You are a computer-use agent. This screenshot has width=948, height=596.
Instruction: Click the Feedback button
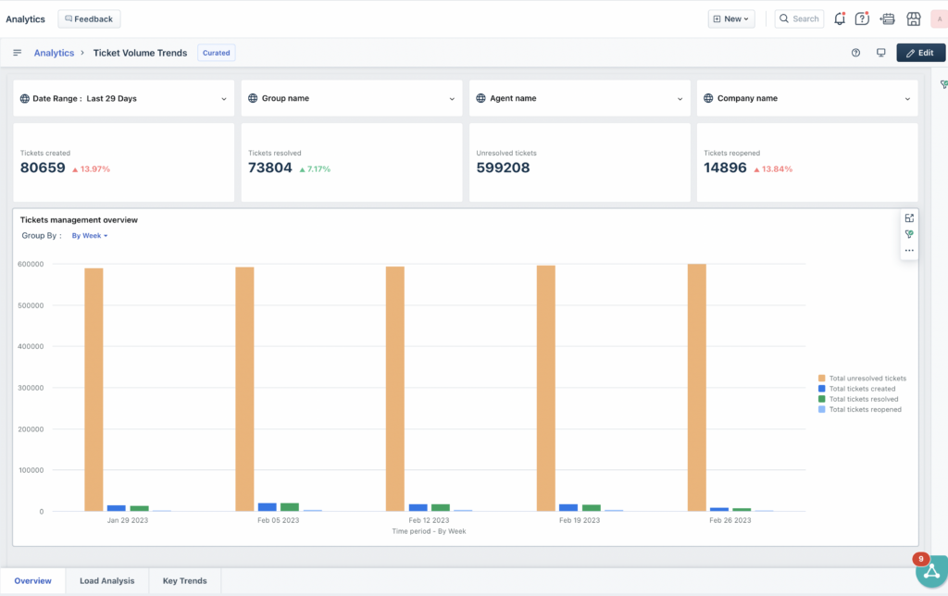click(89, 19)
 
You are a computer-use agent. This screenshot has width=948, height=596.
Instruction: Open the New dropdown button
click(731, 19)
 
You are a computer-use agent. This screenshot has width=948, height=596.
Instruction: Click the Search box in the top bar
click(799, 19)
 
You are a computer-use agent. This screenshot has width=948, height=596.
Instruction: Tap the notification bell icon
click(840, 19)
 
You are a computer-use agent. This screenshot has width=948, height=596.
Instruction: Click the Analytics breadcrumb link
click(54, 53)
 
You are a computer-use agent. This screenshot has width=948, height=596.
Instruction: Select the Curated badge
click(217, 53)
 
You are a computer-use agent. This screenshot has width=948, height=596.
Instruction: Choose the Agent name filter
click(579, 98)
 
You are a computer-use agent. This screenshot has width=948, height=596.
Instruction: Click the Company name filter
click(806, 98)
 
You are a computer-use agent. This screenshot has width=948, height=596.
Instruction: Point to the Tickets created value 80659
click(43, 168)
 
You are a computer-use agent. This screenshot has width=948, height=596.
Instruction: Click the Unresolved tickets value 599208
click(503, 168)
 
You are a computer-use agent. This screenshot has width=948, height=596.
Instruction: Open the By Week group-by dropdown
click(90, 236)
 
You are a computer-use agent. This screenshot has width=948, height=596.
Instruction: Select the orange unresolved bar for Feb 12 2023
click(395, 389)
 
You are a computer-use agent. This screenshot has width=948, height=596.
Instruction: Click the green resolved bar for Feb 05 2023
click(290, 507)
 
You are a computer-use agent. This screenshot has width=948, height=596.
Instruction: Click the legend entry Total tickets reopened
click(865, 409)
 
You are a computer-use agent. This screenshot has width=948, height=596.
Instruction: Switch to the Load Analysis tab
click(106, 581)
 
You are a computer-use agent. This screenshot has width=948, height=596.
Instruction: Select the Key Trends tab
click(185, 581)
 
